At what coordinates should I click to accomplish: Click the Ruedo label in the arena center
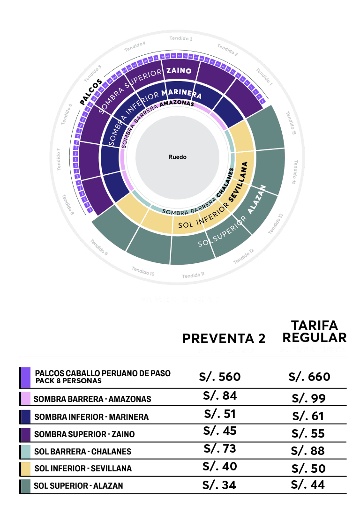(x=177, y=157)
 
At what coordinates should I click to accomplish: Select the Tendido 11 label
(x=193, y=275)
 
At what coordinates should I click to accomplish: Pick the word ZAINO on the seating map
(x=179, y=71)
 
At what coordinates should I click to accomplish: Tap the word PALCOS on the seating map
(x=91, y=92)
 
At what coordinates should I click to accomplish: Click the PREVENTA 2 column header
(x=224, y=338)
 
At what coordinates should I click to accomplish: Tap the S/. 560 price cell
(x=220, y=376)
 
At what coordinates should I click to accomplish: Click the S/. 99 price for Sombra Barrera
(x=308, y=399)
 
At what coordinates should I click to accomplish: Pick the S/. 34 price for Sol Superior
(x=219, y=484)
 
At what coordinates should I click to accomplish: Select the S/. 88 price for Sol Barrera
(x=307, y=451)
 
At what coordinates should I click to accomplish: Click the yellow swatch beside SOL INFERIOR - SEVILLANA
(x=26, y=469)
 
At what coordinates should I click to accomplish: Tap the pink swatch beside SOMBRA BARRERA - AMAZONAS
(x=26, y=399)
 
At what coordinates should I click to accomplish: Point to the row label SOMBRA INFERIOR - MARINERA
(x=91, y=417)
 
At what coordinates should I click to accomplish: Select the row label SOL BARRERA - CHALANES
(x=82, y=452)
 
